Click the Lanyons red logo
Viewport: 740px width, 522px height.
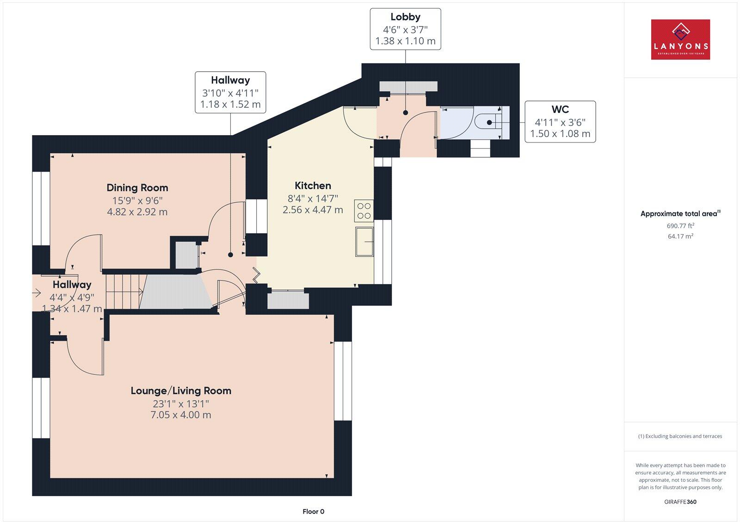[680, 39]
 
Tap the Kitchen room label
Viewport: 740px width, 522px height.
[313, 186]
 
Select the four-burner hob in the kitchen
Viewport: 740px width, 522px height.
[364, 211]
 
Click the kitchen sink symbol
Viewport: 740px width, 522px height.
[364, 241]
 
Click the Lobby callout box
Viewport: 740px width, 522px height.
[405, 29]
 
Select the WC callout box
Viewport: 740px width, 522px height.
[560, 122]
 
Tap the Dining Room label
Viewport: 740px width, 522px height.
[137, 187]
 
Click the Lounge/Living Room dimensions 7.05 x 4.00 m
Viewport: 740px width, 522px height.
[181, 415]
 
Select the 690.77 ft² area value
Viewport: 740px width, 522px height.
[680, 226]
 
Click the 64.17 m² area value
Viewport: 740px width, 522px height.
[680, 236]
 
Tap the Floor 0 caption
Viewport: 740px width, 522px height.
[313, 511]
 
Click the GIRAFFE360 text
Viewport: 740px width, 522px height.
[680, 502]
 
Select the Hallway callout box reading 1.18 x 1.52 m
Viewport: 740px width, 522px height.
[230, 92]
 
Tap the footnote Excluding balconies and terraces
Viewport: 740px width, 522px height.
[680, 436]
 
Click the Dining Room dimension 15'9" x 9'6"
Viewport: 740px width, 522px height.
[137, 200]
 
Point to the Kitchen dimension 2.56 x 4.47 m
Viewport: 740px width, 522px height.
[313, 210]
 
